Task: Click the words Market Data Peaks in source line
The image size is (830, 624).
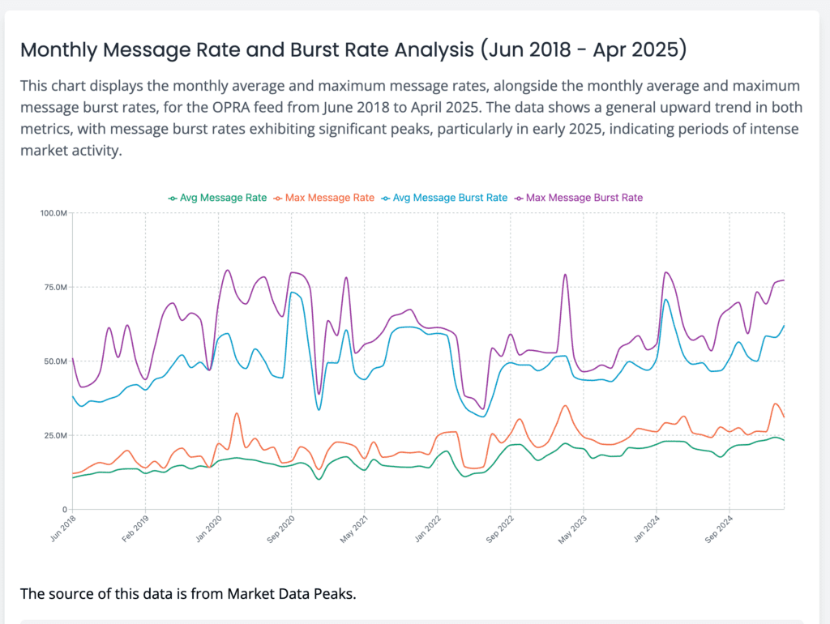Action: click(290, 594)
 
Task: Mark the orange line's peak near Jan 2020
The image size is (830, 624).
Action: click(237, 413)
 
